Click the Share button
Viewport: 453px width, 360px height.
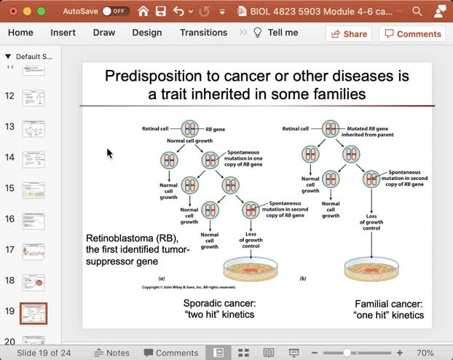pos(348,34)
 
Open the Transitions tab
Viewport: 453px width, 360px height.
pos(203,33)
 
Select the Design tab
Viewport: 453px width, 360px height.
pos(147,33)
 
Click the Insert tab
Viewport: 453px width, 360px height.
pos(63,33)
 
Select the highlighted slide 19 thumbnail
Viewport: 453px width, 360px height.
pos(33,313)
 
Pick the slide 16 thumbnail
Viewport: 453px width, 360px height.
pos(33,219)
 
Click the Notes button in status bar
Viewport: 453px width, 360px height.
pos(111,353)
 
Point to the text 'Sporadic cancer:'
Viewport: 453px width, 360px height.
pos(219,303)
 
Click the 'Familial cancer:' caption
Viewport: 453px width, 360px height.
pos(388,304)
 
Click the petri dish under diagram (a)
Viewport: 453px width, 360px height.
pos(250,270)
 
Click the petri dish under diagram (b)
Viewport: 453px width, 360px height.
pos(371,270)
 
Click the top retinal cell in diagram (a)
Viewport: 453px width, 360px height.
pos(189,129)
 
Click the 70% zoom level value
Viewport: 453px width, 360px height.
pos(425,353)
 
